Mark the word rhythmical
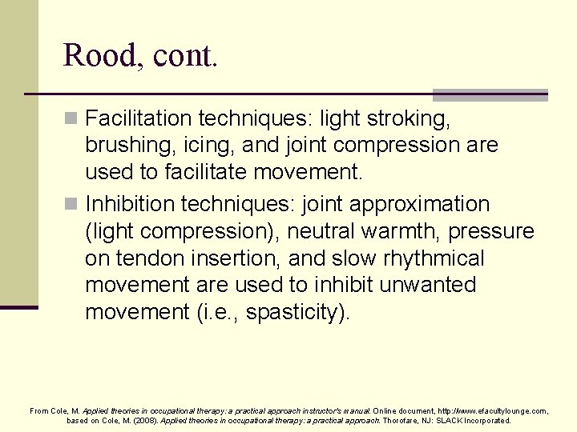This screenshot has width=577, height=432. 432,258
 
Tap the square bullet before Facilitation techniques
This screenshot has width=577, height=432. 71,119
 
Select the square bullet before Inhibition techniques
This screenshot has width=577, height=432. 71,205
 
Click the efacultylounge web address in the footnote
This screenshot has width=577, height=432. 493,410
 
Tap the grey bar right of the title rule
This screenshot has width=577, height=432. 490,94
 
